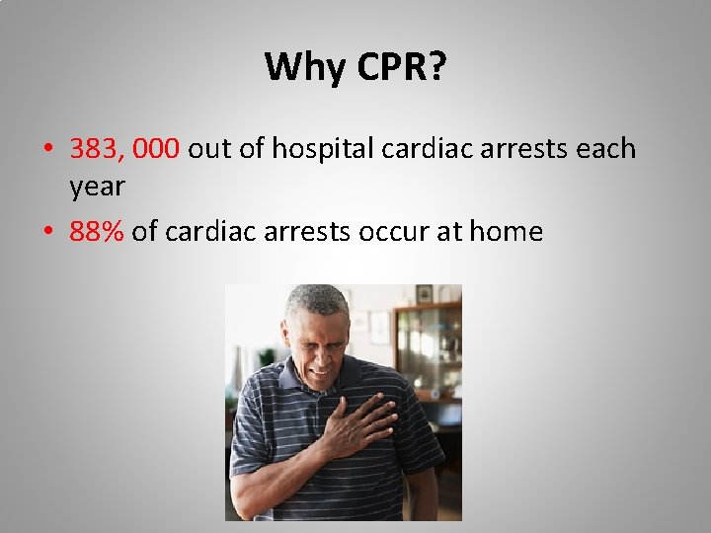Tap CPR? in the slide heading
(400, 67)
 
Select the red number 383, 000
(124, 149)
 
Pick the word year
(97, 187)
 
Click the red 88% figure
(97, 232)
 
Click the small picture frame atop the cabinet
(425, 293)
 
